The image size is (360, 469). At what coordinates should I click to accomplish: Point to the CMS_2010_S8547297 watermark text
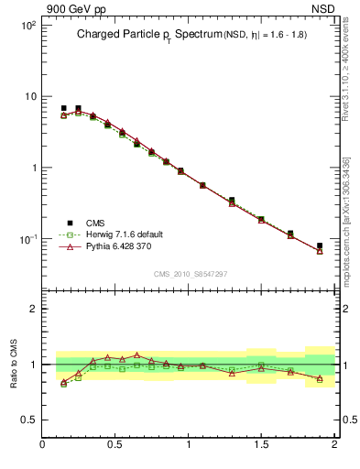point(190,273)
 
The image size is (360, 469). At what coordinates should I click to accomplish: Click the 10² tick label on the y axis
point(27,26)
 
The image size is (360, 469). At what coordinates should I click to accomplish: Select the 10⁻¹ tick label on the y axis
point(27,239)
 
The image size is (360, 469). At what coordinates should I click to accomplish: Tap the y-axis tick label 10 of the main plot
point(29,97)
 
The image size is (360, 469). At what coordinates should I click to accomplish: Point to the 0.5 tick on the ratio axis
point(27,420)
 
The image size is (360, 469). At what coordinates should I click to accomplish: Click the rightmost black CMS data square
point(320,245)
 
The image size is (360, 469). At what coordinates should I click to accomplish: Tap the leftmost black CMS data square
point(63,108)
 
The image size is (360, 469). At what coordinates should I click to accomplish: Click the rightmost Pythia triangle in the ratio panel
point(320,378)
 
